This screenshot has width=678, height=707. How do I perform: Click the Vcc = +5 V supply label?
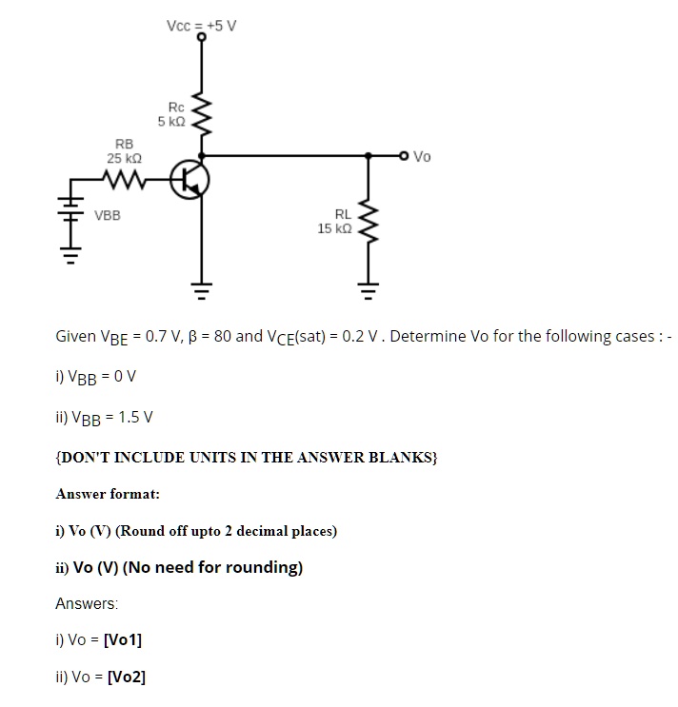(201, 26)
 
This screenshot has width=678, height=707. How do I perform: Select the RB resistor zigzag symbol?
(124, 180)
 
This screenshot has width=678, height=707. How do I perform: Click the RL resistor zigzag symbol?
(369, 222)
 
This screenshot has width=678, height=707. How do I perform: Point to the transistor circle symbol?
(189, 180)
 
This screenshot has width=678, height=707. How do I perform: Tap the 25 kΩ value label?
(124, 158)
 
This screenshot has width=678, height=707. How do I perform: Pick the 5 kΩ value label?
(171, 121)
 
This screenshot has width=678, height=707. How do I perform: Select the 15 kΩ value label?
(334, 228)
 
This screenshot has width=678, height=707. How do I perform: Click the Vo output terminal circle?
(404, 156)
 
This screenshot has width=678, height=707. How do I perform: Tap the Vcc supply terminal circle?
(202, 37)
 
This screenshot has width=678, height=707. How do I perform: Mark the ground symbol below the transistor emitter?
(201, 291)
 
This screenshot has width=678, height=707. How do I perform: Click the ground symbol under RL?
(369, 291)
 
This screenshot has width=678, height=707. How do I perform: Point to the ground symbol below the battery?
(70, 255)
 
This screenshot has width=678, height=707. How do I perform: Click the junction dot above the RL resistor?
(369, 156)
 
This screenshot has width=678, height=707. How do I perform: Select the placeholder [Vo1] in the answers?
(123, 639)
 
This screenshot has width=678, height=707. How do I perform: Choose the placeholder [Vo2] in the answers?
(127, 677)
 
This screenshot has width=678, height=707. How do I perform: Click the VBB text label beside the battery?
(108, 216)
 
